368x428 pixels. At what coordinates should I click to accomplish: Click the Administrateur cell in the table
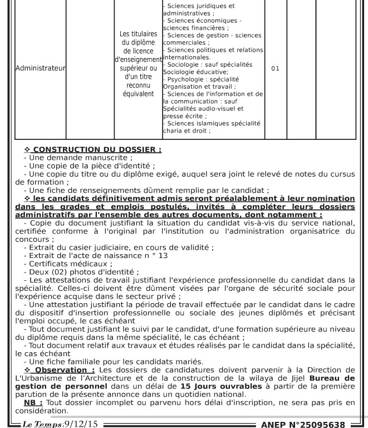point(32,69)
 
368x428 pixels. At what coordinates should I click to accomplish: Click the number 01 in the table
point(275,69)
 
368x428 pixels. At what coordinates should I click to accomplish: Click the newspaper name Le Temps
point(42,423)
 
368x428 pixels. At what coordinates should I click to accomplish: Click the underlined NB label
point(33,402)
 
